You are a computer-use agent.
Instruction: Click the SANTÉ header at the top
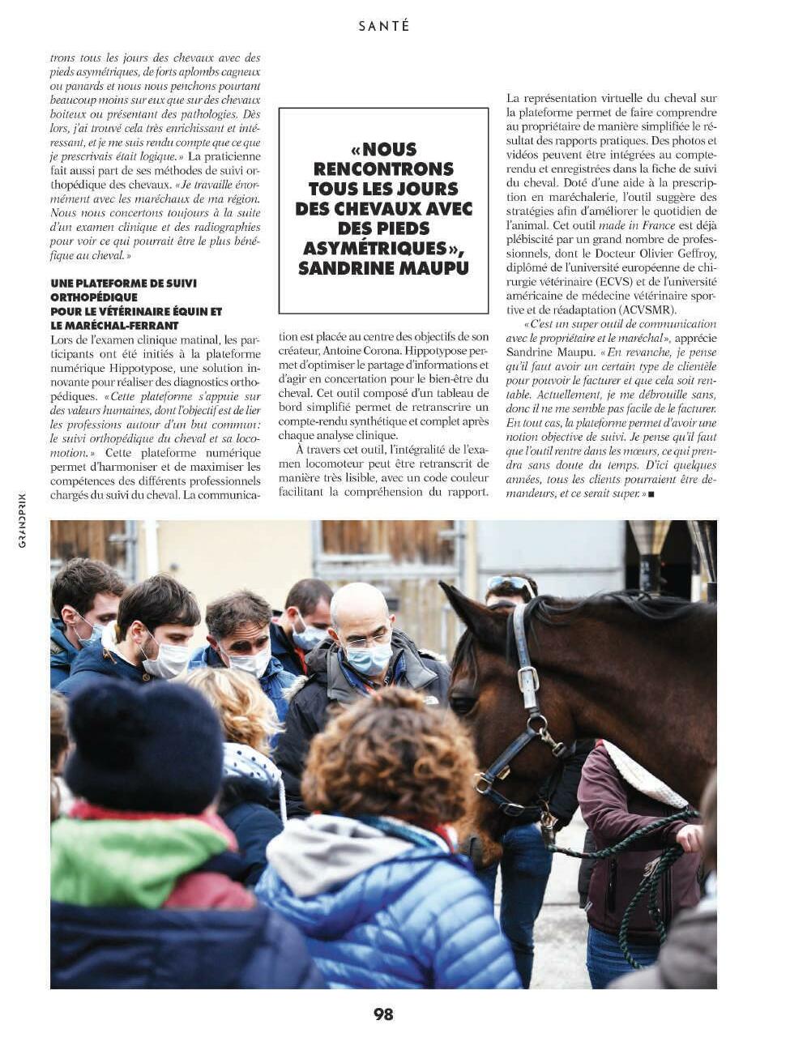383,26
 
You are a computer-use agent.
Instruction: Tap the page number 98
383,1014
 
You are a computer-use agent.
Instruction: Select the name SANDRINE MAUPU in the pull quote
383,268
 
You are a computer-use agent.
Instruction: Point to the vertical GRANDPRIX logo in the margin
22,519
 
